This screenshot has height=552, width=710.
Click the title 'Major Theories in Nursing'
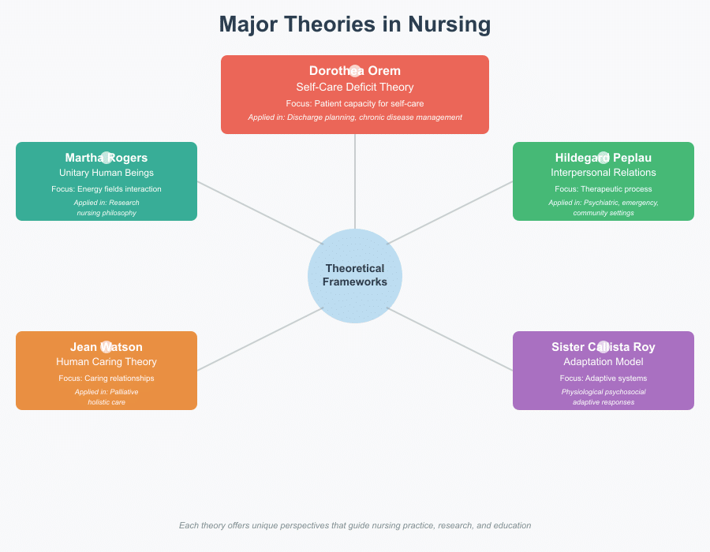point(355,24)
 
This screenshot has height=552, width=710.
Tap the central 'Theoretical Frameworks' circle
point(355,275)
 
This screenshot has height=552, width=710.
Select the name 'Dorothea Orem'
point(355,71)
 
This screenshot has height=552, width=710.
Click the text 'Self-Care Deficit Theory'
point(355,87)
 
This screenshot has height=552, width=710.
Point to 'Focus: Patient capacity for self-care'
point(355,103)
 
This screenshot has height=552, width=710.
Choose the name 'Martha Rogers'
point(106,158)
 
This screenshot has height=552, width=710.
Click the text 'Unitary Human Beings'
point(106,173)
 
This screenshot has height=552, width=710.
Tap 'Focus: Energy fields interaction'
point(106,189)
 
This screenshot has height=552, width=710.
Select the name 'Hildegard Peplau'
point(603,158)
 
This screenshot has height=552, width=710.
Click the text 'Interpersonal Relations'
point(603,173)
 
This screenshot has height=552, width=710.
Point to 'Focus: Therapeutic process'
point(603,189)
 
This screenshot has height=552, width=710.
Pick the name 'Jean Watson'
point(106,347)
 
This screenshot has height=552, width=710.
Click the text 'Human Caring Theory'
point(106,362)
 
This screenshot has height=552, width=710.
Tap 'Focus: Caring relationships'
point(106,379)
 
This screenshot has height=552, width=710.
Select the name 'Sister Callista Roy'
point(603,347)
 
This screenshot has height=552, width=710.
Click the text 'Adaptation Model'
point(603,362)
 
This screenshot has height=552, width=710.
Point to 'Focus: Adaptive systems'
point(603,379)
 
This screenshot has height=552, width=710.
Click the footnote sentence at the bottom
point(355,525)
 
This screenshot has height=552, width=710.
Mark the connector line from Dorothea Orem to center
point(355,181)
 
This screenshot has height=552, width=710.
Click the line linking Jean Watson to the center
point(260,338)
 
